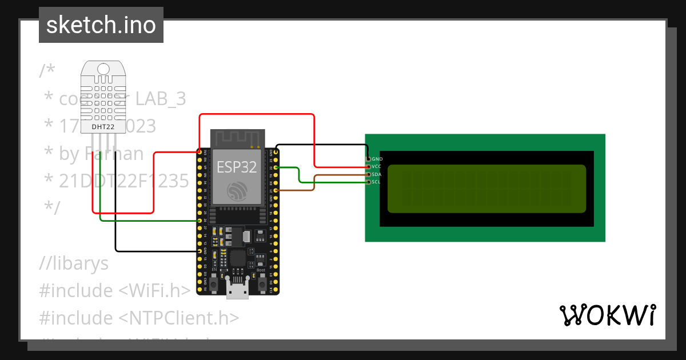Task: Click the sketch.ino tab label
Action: [101, 25]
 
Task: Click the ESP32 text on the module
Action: [237, 167]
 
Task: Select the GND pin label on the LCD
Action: [377, 159]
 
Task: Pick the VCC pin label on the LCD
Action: [377, 166]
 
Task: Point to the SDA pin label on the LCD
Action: [377, 174]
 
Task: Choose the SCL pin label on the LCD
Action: [376, 182]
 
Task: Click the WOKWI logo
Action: [607, 315]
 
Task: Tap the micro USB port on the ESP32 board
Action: [237, 290]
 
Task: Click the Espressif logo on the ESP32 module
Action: [237, 191]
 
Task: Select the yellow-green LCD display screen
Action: [486, 189]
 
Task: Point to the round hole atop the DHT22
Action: [103, 69]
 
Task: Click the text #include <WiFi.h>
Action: [114, 291]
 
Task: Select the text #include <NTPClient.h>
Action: [139, 318]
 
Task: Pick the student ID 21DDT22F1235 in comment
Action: [123, 181]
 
